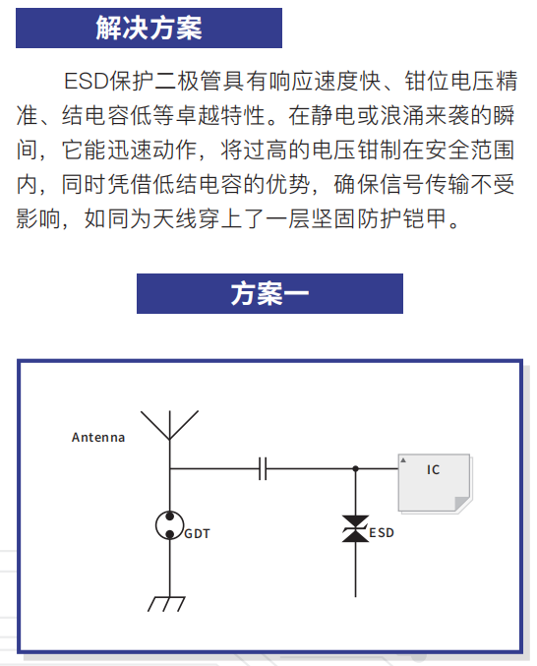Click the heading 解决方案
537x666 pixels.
click(149, 28)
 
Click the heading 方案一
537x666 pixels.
click(269, 293)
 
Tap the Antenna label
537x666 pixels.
click(98, 437)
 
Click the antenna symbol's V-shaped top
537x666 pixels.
click(169, 425)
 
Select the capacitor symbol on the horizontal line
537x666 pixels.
click(263, 468)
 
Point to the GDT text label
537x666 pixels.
click(198, 533)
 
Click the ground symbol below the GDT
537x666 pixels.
click(166, 604)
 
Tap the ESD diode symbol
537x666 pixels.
click(355, 529)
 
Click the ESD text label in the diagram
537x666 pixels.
click(382, 532)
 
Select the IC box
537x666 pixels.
click(435, 482)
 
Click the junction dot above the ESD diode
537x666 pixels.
click(355, 468)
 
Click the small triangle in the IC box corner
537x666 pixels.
click(403, 460)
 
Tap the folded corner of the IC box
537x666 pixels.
click(462, 504)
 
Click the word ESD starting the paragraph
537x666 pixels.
click(87, 81)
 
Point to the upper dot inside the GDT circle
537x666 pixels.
click(170, 516)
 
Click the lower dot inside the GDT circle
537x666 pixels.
click(170, 534)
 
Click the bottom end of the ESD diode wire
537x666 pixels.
click(355, 596)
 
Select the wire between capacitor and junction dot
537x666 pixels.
click(311, 468)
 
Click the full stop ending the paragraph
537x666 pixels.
click(454, 225)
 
